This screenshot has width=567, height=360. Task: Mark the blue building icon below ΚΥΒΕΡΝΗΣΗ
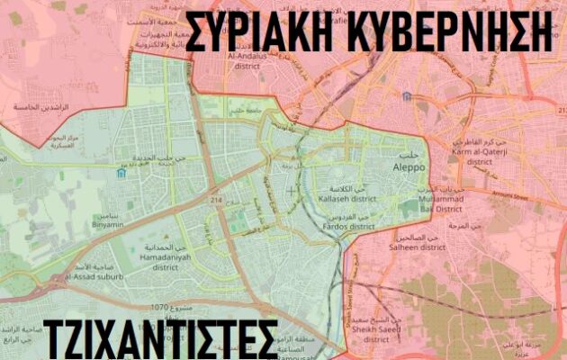point(407,94)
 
